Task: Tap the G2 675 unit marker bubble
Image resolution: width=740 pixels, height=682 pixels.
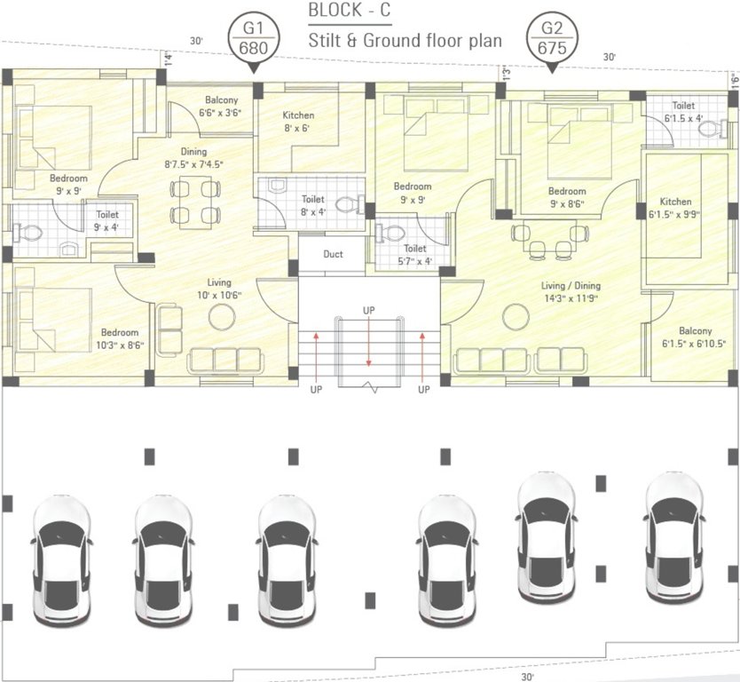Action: coord(551,37)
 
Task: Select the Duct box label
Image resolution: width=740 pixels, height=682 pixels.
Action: coord(333,255)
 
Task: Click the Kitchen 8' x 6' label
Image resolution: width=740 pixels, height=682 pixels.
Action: coord(298,122)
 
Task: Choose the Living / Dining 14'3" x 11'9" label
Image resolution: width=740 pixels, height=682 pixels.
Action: coord(571,292)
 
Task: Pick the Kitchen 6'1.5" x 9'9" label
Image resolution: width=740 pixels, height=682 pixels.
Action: coord(675,208)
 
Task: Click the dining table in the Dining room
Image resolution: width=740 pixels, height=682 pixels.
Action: coord(194,202)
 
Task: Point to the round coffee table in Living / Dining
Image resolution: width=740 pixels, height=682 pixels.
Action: coord(514,315)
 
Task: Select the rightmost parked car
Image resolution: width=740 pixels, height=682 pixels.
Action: coord(674,536)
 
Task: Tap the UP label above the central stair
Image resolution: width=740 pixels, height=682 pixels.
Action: coord(368,309)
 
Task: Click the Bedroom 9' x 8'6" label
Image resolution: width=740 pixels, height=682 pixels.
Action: coord(566,197)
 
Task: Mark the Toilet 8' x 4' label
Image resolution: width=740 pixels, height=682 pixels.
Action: coord(312,205)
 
